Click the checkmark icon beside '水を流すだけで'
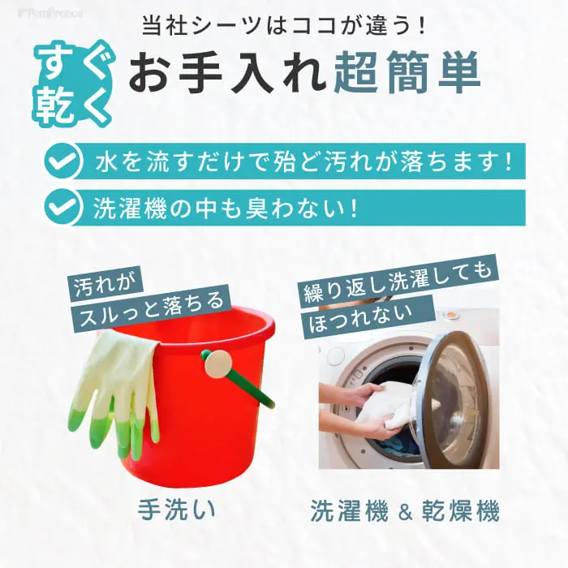pyautogui.click(x=62, y=161)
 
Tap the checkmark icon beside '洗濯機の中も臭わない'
pyautogui.click(x=62, y=207)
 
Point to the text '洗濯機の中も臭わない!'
pyautogui.click(x=226, y=208)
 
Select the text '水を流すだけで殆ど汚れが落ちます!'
pyautogui.click(x=303, y=161)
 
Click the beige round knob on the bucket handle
pyautogui.click(x=218, y=364)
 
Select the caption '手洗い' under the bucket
pyautogui.click(x=176, y=510)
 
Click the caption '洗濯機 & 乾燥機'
pyautogui.click(x=405, y=510)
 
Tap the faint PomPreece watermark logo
pyautogui.click(x=50, y=14)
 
